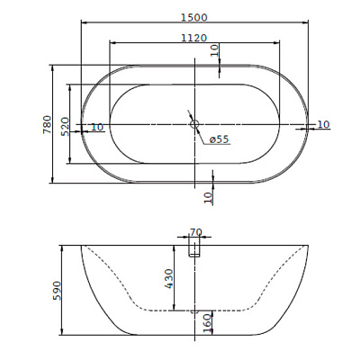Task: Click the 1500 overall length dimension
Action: pyautogui.click(x=194, y=17)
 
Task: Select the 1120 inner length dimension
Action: pyautogui.click(x=194, y=38)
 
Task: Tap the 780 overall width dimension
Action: pyautogui.click(x=48, y=124)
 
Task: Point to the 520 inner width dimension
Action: pyautogui.click(x=65, y=127)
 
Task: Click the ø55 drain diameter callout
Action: pyautogui.click(x=220, y=139)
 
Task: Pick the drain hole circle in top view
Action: pyautogui.click(x=194, y=124)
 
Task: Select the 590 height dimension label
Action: pyautogui.click(x=57, y=291)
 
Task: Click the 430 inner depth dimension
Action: pyautogui.click(x=169, y=279)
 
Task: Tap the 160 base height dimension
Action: pyautogui.click(x=207, y=323)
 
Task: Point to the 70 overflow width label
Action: pyautogui.click(x=196, y=232)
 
